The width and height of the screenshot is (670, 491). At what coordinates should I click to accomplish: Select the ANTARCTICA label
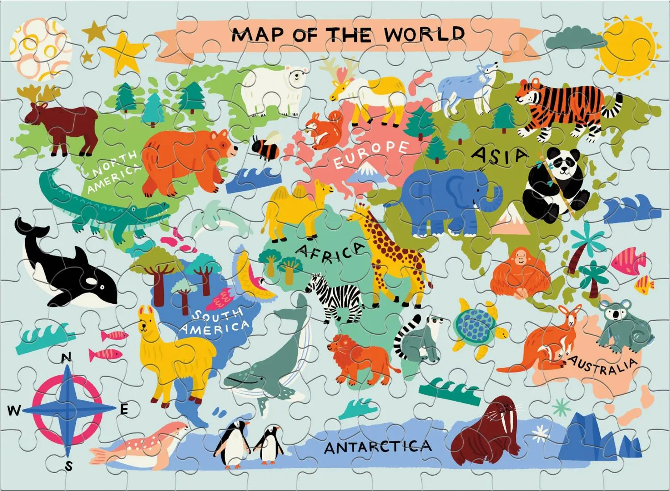coord(377,446)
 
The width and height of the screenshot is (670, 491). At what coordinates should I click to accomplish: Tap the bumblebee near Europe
coord(264,147)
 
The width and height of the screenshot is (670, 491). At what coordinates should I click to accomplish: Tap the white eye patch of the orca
coord(91,281)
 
